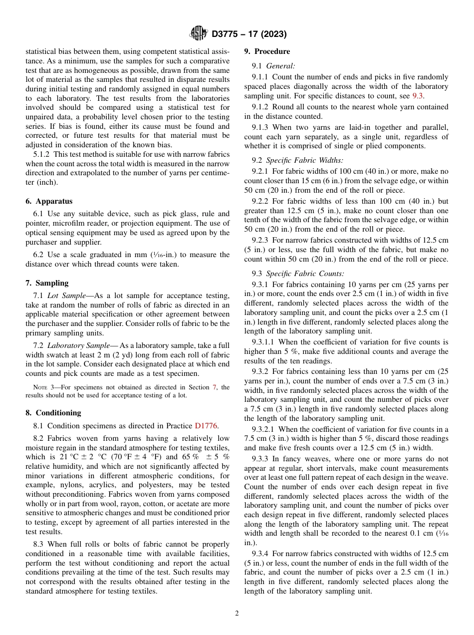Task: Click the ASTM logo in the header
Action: click(x=199, y=34)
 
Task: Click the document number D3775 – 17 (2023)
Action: click(x=249, y=34)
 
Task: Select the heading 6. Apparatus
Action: click(x=49, y=201)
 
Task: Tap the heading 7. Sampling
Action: click(x=47, y=283)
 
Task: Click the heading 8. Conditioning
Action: click(x=53, y=413)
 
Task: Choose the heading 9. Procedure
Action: click(x=267, y=51)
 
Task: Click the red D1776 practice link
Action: click(x=206, y=426)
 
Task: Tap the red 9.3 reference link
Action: click(x=418, y=95)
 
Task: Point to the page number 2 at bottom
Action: click(x=237, y=614)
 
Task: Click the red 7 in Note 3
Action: click(x=215, y=387)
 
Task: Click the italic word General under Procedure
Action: click(x=280, y=65)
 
